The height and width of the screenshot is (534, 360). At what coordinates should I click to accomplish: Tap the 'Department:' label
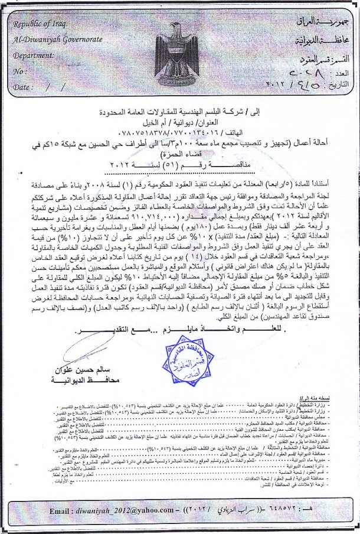click(34, 55)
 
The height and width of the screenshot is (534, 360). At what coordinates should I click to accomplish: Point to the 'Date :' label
click(24, 86)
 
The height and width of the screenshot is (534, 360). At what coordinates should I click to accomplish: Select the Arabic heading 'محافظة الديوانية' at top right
click(324, 40)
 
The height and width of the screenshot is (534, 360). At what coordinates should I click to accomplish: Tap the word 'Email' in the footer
click(61, 509)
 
